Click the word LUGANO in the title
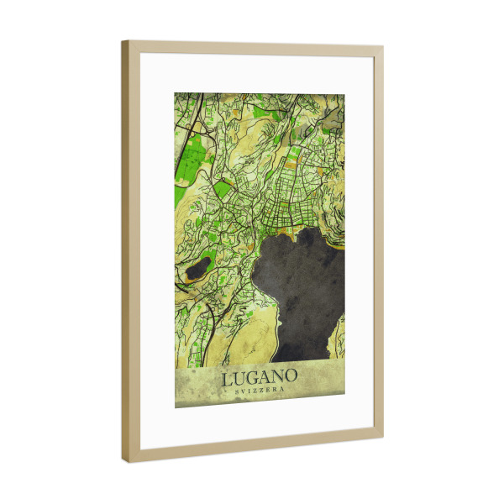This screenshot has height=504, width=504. pos(260,379)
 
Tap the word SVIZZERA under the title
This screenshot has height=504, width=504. pos(260,392)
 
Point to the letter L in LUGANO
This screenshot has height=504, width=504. pos(228,380)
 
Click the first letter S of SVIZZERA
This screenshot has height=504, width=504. pos(235,392)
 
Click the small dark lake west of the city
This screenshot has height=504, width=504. pos(198,269)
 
